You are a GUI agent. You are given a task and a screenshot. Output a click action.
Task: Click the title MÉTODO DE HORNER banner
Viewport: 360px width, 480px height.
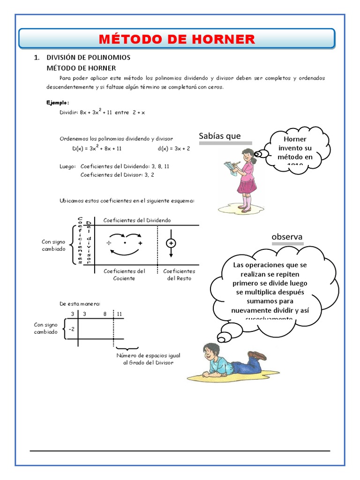(177, 39)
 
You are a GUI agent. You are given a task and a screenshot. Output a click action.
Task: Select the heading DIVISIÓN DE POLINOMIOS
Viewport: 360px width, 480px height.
(88, 58)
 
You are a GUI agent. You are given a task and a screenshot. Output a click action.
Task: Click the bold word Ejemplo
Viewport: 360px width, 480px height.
(58, 102)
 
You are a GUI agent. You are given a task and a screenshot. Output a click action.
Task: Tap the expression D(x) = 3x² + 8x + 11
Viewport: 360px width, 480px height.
(97, 148)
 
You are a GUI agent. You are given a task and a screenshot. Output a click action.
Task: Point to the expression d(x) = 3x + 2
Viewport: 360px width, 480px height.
(174, 148)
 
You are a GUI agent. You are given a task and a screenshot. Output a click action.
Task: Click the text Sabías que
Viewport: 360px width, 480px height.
(219, 136)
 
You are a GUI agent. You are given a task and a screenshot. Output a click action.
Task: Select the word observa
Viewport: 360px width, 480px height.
(287, 237)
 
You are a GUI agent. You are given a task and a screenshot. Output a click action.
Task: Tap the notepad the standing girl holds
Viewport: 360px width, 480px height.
(230, 166)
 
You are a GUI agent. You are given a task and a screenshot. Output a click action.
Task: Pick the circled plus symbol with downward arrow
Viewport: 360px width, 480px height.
(171, 243)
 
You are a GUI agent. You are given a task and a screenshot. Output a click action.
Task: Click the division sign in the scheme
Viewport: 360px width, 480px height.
(108, 244)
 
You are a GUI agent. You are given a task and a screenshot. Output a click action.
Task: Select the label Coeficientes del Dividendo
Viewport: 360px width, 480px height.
(137, 220)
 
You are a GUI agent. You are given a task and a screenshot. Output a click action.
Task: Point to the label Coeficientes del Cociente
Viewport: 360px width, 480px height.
(124, 274)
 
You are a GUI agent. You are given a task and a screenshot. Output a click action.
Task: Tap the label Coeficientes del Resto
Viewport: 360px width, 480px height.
(179, 274)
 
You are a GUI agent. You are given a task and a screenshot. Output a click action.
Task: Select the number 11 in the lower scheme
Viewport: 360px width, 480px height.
(120, 313)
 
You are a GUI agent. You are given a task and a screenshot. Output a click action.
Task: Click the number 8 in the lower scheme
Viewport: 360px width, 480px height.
(105, 313)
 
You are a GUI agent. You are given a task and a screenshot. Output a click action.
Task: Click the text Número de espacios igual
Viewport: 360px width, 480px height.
(145, 355)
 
